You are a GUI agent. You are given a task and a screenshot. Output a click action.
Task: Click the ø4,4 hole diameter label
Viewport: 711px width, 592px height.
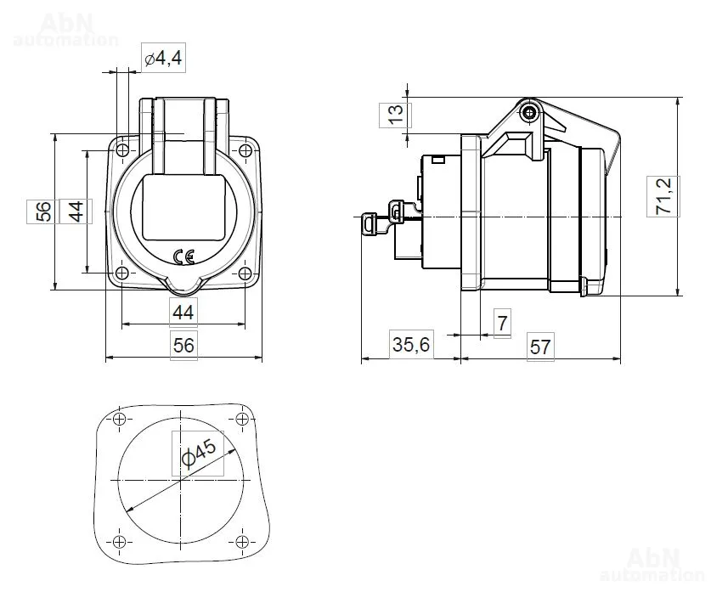163,58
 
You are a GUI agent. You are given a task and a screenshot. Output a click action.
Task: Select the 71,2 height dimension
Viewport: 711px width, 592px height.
663,196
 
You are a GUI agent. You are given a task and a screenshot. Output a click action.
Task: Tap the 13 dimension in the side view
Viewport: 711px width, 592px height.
395,115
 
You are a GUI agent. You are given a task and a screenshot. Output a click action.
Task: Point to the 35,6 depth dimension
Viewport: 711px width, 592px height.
411,345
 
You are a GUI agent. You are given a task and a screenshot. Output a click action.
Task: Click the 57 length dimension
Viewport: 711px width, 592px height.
540,347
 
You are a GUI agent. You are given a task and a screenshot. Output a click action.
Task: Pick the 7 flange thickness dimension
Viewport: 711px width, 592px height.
502,324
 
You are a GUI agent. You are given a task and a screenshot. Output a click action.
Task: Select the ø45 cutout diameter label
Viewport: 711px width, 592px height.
199,453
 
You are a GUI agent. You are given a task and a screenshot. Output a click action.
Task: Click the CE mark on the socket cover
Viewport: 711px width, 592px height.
184,257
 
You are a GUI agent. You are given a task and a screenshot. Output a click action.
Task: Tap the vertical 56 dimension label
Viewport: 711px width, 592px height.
43,211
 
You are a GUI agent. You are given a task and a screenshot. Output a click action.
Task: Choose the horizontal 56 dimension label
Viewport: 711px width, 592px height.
183,346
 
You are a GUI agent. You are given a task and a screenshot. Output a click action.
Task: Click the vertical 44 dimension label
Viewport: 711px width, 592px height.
76,211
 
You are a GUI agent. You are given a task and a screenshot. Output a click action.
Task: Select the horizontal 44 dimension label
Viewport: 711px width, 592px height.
183,313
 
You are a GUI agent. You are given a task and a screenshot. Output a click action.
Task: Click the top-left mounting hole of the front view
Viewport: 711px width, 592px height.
122,150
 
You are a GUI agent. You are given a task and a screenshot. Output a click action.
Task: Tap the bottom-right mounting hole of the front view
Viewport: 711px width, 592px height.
245,273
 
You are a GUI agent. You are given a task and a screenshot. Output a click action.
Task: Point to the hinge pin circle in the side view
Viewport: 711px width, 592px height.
528,112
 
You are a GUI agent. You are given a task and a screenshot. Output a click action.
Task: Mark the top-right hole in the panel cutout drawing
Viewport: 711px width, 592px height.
243,419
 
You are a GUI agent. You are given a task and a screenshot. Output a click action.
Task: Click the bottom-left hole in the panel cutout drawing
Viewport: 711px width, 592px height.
119,542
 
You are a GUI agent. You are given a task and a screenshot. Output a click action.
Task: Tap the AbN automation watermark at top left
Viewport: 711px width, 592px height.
66,31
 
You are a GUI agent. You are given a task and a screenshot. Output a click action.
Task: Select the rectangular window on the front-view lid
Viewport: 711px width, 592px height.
183,207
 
